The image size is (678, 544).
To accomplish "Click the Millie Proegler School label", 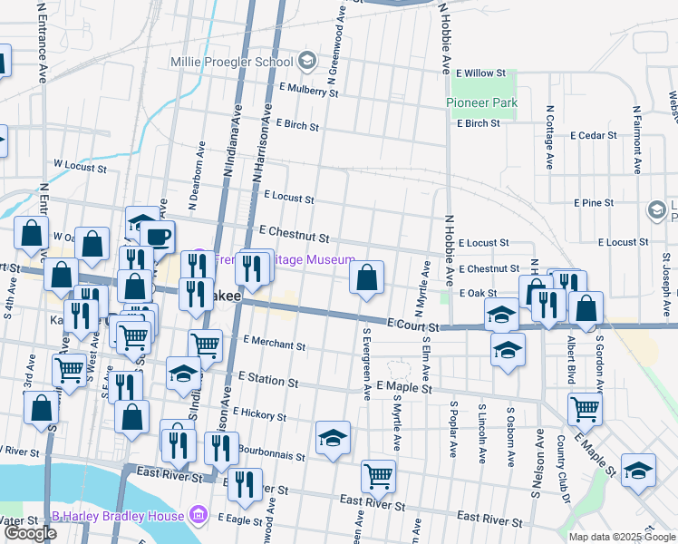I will pos(232,62).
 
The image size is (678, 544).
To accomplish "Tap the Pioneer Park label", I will pos(481,102).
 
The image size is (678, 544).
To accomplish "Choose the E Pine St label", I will pos(594,202).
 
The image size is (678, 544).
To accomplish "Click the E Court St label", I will pos(412,324).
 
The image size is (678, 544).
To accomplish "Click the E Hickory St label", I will pos(259,413).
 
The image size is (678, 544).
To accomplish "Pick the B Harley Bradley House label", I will pos(119,516).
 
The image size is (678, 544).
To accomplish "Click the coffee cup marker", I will pos(158,237).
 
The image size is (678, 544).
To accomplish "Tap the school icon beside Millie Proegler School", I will pos(307,62).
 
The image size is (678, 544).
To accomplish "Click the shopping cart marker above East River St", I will pos(378,475).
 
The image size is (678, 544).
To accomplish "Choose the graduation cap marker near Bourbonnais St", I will pos(333,437).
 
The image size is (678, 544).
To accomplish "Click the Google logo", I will pos(31,533).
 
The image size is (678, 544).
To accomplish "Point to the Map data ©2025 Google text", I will pos(622,536).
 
